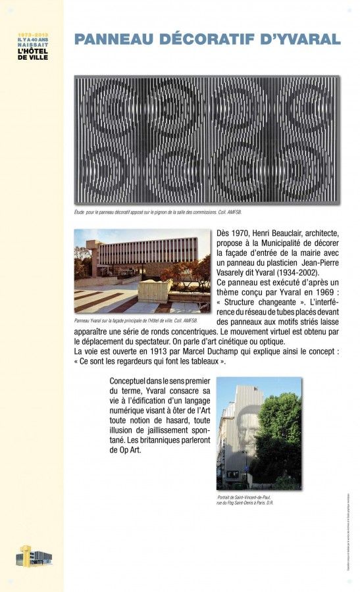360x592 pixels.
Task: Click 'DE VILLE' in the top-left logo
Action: pyautogui.click(x=32, y=57)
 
